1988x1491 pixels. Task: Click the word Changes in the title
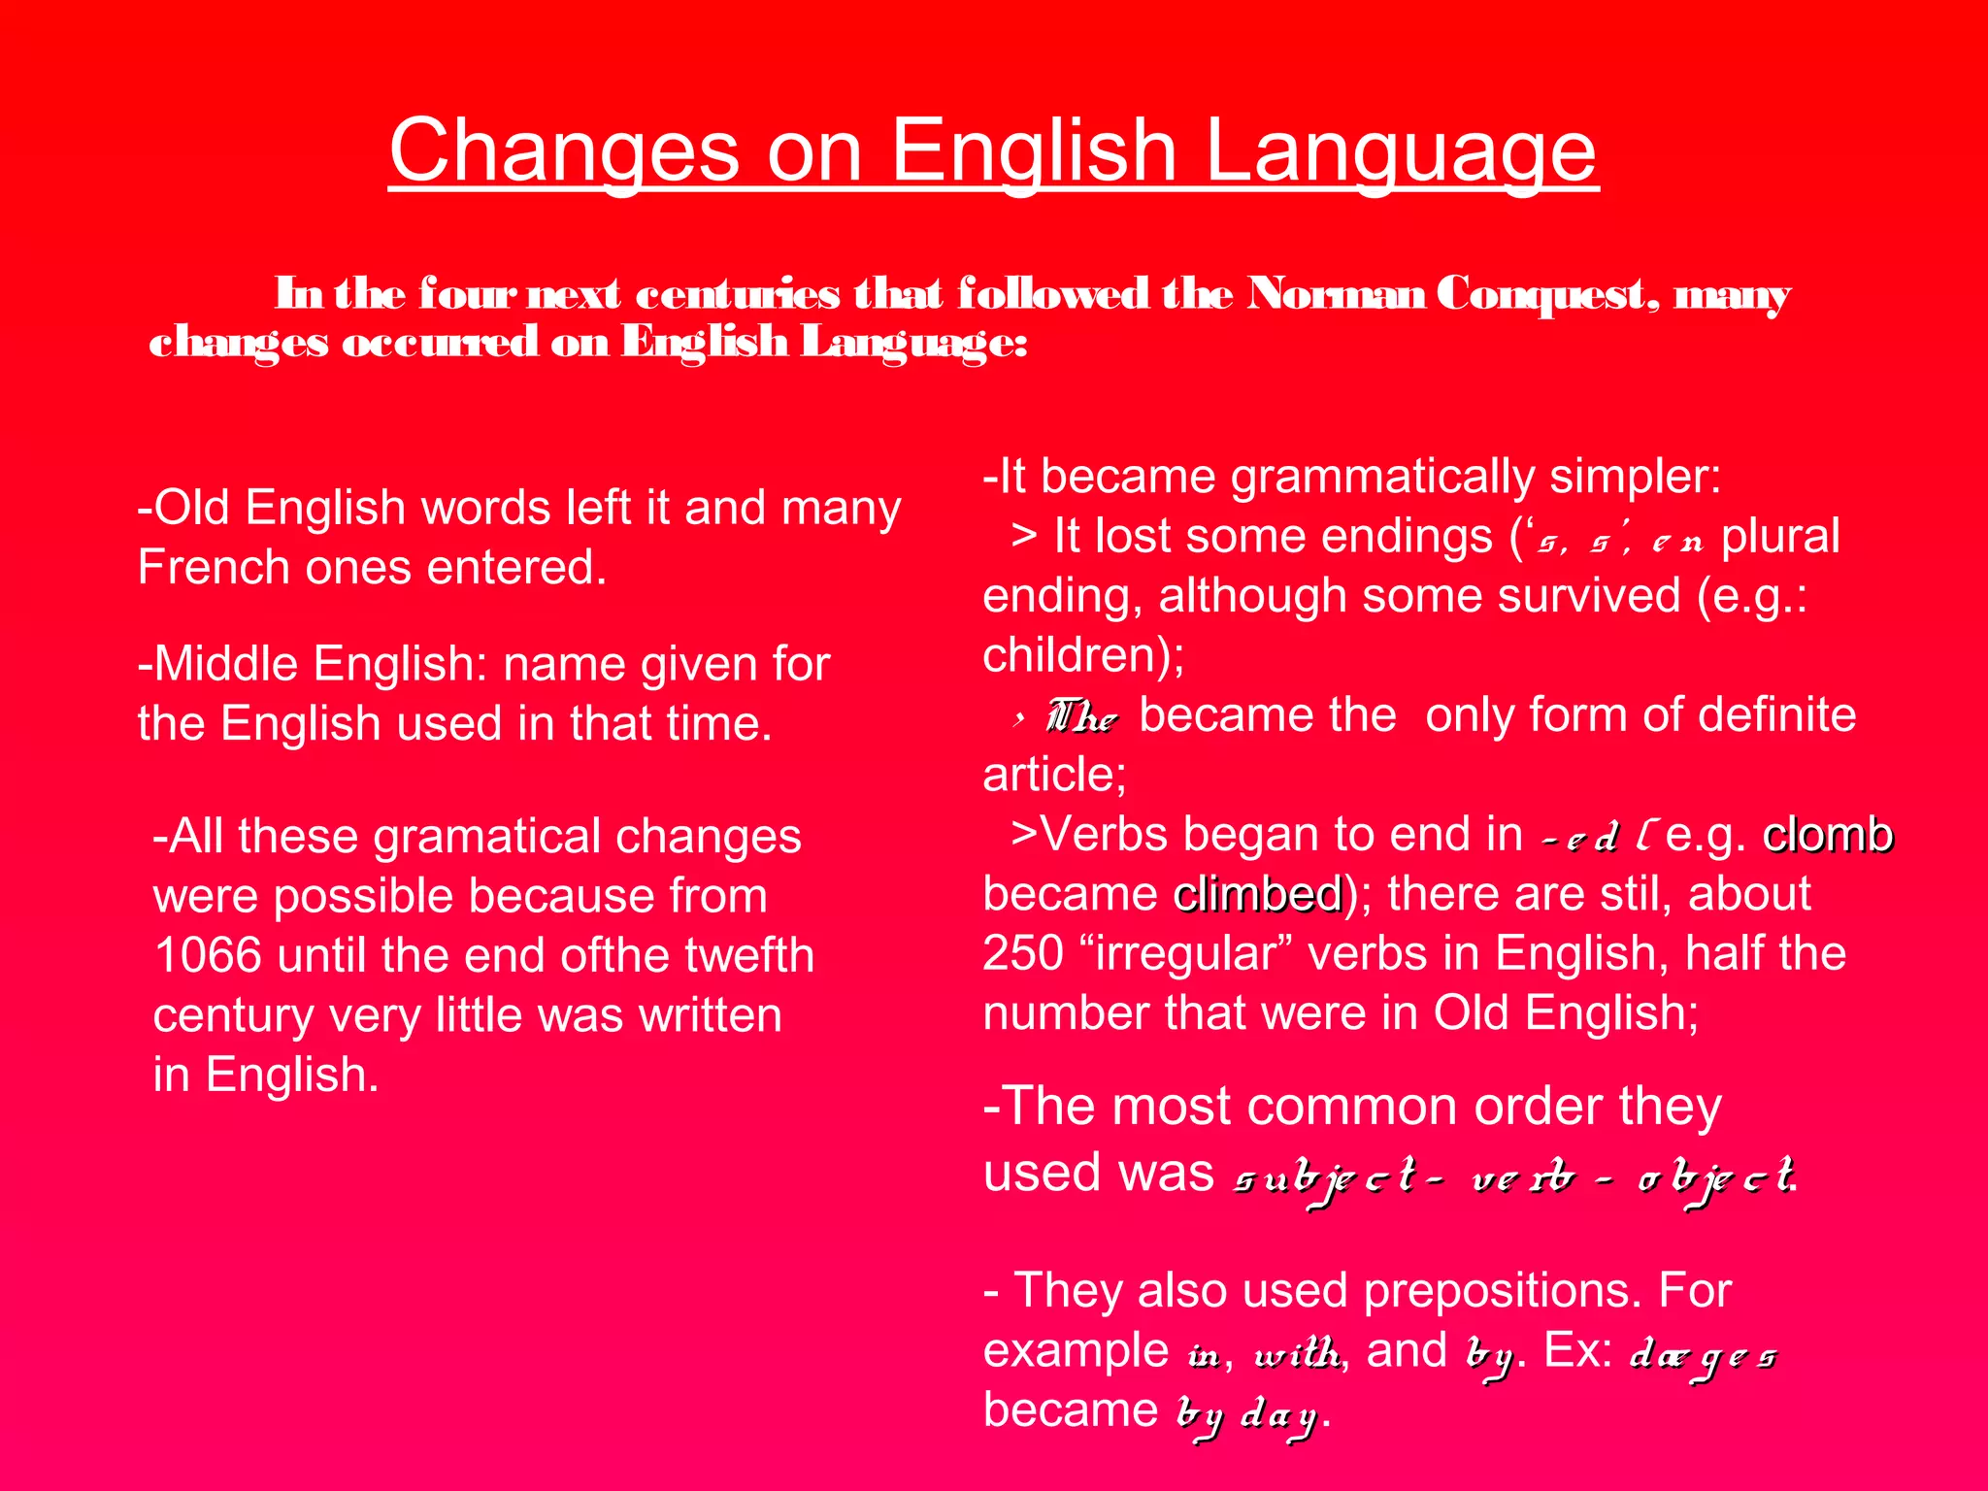coord(564,151)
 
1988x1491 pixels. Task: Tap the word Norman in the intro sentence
coord(1336,293)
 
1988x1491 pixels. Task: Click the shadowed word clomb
coord(1827,835)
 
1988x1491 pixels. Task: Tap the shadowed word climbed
coord(1258,894)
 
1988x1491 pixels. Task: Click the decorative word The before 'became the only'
coord(1081,717)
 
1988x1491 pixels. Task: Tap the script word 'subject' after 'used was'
coord(1324,1178)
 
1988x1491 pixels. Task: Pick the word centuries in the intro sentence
coord(738,293)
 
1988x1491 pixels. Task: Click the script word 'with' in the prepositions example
coord(1297,1352)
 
